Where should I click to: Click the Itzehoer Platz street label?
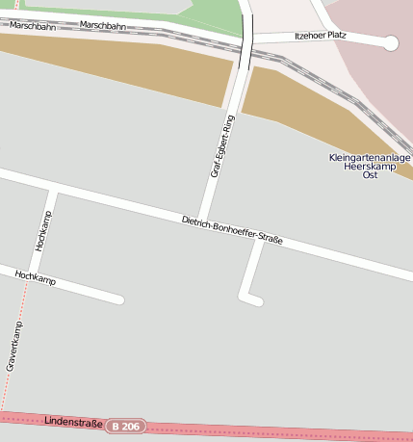point(321,36)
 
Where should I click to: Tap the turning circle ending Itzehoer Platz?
point(391,42)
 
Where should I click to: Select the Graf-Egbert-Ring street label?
point(222,146)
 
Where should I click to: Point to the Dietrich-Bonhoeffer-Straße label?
point(232,231)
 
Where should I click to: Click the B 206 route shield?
point(125,426)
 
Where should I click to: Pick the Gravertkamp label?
point(14,346)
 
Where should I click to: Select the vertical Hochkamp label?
point(43,230)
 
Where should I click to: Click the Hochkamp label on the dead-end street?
point(36,279)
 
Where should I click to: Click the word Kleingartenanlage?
point(369,157)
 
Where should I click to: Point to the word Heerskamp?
point(369,167)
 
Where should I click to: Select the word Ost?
point(369,175)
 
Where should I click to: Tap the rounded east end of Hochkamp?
point(120,299)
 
